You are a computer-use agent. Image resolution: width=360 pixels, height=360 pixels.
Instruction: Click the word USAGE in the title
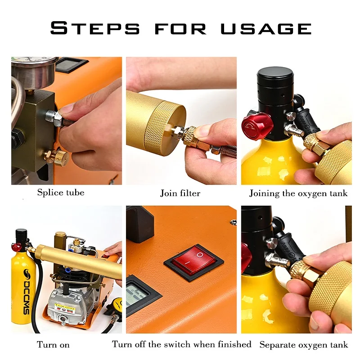point(266,28)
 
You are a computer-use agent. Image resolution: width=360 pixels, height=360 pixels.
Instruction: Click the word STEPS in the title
point(95,28)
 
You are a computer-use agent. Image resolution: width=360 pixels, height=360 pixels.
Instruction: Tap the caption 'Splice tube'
point(61,193)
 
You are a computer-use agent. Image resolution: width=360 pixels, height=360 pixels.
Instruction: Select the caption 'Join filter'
point(180,193)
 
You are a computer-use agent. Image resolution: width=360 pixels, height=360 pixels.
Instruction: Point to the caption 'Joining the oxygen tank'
point(298,193)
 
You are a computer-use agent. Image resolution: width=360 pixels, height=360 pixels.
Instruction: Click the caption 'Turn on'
point(53,345)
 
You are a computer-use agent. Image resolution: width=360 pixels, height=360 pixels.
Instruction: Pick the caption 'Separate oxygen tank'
point(304,345)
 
